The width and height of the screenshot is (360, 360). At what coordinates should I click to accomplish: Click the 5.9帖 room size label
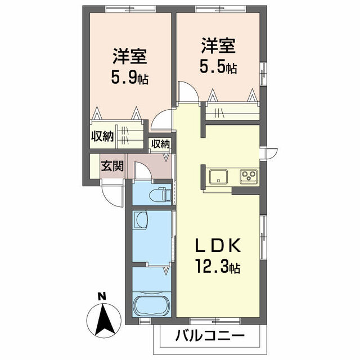coord(129,76)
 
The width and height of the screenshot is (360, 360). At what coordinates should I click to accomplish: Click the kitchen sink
coord(218,177)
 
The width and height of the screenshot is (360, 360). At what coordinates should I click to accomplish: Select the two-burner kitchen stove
coord(248,177)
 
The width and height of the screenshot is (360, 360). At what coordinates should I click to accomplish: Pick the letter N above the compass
coord(102,296)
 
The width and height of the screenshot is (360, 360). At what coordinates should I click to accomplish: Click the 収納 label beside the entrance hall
coord(160,144)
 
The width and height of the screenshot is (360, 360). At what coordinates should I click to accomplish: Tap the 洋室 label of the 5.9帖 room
coord(129,56)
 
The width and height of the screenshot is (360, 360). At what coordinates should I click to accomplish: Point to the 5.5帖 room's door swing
coord(188,91)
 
